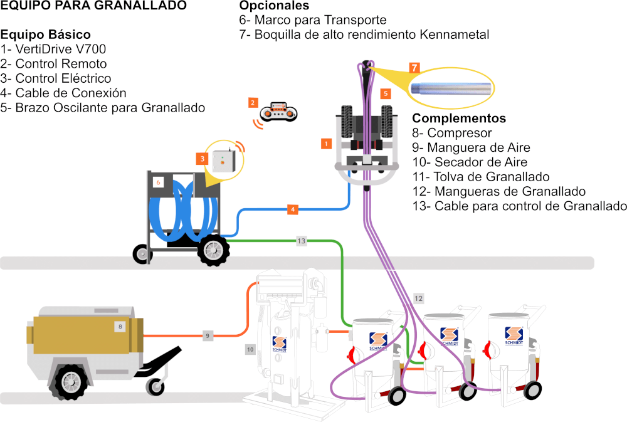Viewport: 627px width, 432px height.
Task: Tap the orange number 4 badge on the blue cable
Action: [293, 209]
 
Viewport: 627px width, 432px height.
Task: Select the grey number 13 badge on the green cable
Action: [302, 241]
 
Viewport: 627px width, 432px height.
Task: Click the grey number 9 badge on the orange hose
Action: [208, 335]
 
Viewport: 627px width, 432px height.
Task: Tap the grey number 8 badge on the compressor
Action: [120, 326]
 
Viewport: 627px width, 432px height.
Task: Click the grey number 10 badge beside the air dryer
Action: [250, 349]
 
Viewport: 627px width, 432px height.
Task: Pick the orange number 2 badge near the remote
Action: [252, 102]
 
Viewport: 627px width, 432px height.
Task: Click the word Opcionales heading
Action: [274, 6]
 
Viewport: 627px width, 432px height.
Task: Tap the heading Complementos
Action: [459, 118]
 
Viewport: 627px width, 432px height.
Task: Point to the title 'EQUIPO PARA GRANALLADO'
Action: [93, 6]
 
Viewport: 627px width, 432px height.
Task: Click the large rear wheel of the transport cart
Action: [213, 250]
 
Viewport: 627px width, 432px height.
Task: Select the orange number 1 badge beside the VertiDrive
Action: [325, 144]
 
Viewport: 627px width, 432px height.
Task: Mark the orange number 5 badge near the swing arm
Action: [386, 93]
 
